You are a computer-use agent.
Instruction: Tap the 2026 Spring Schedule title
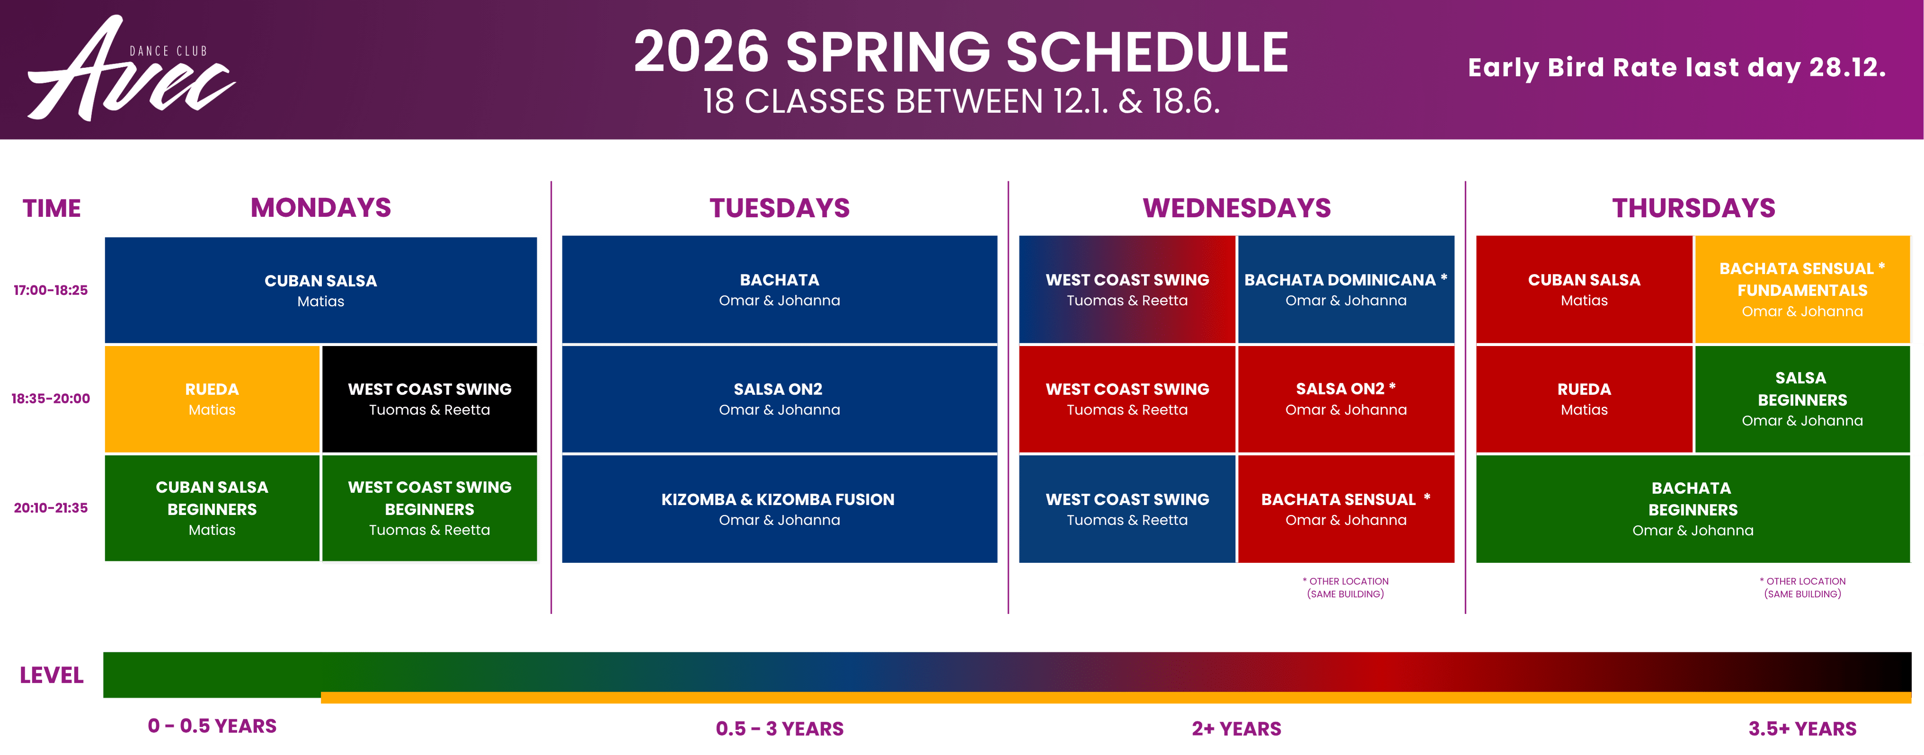pos(961,52)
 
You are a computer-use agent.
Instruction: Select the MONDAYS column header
pos(321,208)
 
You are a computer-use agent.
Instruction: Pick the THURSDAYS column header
pos(1693,208)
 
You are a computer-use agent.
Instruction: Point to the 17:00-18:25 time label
pos(51,290)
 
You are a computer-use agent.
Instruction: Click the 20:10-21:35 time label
pos(51,508)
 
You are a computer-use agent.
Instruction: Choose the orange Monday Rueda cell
pos(212,399)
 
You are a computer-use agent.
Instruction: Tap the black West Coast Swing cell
pos(429,399)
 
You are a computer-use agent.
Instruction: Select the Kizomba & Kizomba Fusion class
pos(779,508)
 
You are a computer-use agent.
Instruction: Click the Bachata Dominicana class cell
pos(1346,290)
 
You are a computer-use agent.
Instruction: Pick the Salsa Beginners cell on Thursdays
pos(1802,399)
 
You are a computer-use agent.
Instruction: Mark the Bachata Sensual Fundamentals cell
pos(1802,290)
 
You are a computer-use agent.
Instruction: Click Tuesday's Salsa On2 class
pos(779,399)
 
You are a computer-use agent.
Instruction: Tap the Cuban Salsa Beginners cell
pos(212,508)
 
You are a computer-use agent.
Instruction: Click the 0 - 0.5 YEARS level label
pos(212,726)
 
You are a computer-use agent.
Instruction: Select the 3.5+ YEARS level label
pos(1802,729)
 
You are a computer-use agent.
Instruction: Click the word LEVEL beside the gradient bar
pos(52,675)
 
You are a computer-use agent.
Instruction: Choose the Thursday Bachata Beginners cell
pos(1693,508)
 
